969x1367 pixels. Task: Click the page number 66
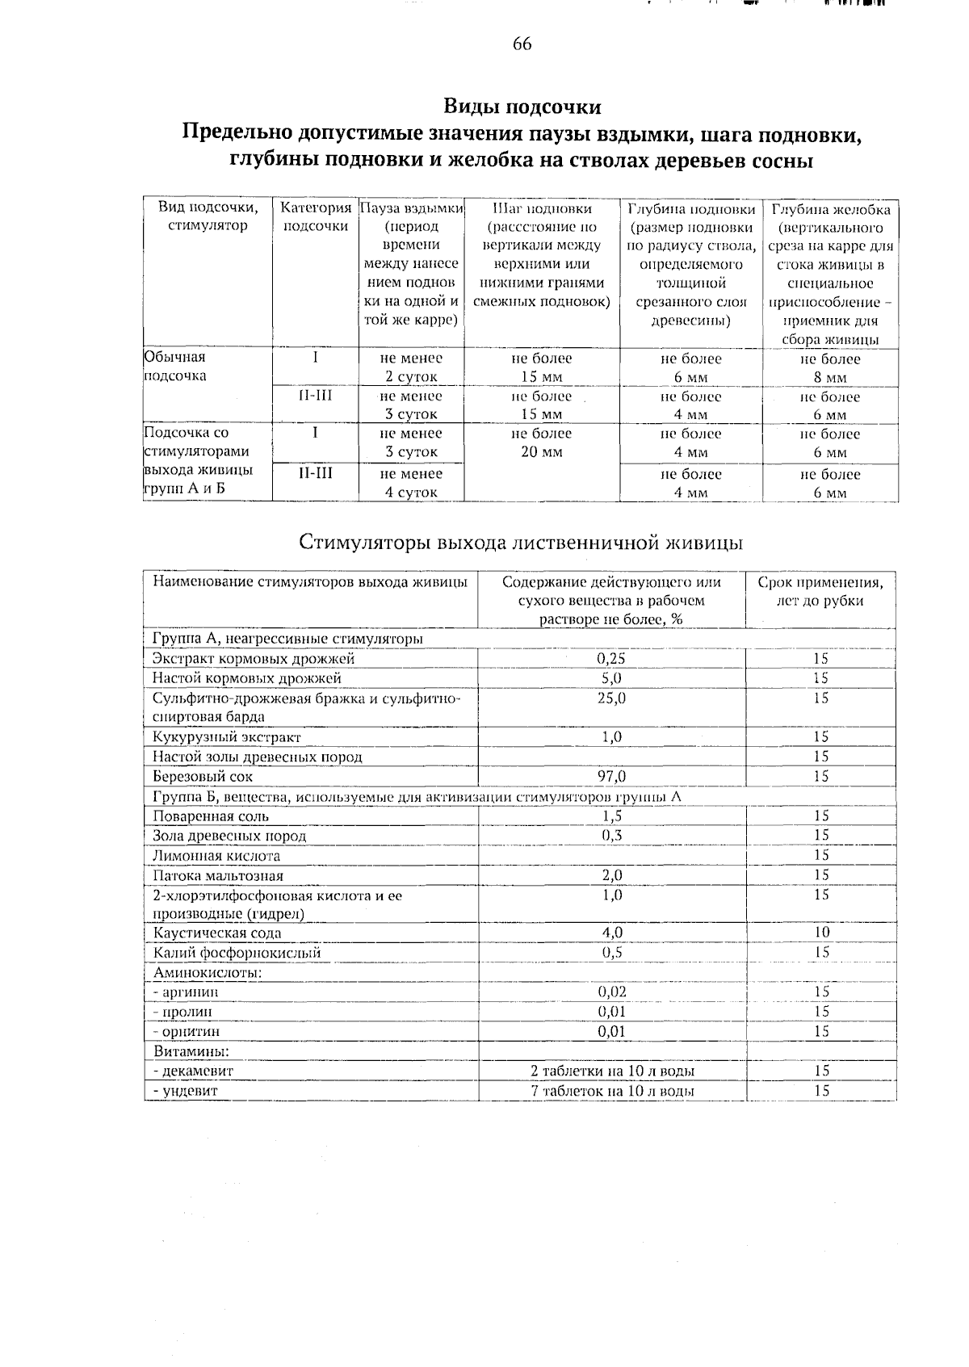(522, 44)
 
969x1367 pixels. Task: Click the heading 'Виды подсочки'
(522, 107)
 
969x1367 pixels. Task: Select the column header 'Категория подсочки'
(316, 217)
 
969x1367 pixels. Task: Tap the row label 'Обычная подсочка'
(175, 367)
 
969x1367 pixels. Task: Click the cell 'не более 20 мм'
(541, 442)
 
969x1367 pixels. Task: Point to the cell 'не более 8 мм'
(829, 368)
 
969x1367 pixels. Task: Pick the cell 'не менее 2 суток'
(411, 367)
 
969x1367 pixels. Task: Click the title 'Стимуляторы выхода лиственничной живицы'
(521, 543)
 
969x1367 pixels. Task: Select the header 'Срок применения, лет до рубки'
(820, 591)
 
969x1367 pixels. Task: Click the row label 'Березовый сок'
(203, 777)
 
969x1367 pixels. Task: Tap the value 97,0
(611, 777)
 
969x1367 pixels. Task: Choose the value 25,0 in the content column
(611, 698)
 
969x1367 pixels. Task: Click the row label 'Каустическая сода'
(217, 933)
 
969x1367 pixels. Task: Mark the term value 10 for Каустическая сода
(821, 933)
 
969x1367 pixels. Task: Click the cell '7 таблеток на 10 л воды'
(613, 1091)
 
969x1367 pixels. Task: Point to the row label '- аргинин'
(187, 992)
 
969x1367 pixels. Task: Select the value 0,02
(612, 992)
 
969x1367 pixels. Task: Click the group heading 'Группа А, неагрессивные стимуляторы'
(288, 639)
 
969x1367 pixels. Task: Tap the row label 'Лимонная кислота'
(216, 856)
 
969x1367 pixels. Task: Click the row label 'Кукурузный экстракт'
(227, 737)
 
